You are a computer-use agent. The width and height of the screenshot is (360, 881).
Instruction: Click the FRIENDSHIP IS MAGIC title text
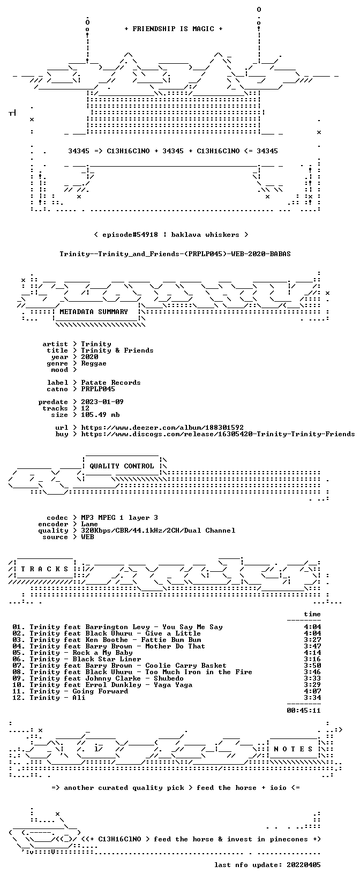pyautogui.click(x=174, y=29)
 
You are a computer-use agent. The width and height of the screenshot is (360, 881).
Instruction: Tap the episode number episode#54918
pyautogui.click(x=130, y=235)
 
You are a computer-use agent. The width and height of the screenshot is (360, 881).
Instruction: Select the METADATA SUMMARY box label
pyautogui.click(x=94, y=312)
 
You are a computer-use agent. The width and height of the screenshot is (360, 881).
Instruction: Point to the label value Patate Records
pyautogui.click(x=111, y=383)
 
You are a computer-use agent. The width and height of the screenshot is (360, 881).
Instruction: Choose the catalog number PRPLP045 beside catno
pyautogui.click(x=98, y=389)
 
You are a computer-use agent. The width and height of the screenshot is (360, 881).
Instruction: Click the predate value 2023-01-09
pyautogui.click(x=102, y=402)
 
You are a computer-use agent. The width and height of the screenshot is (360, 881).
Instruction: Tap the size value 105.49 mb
pyautogui.click(x=100, y=415)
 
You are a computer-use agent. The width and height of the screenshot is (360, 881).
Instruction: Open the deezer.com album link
pyautogui.click(x=162, y=428)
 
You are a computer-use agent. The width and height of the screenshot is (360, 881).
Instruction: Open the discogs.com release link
pyautogui.click(x=217, y=434)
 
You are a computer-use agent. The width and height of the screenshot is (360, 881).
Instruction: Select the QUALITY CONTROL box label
pyautogui.click(x=122, y=466)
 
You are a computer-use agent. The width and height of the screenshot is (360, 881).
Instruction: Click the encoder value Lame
pyautogui.click(x=89, y=524)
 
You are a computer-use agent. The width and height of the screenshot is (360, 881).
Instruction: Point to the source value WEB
pyautogui.click(x=87, y=537)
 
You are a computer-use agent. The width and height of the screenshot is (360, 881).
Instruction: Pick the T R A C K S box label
pyautogui.click(x=44, y=569)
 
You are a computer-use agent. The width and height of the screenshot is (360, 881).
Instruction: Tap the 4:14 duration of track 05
pyautogui.click(x=312, y=653)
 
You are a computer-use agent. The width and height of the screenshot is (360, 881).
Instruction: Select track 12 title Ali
pyautogui.click(x=79, y=698)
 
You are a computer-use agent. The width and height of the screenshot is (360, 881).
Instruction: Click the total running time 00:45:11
pyautogui.click(x=304, y=711)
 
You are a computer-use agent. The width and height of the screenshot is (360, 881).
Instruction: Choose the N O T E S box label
pyautogui.click(x=293, y=749)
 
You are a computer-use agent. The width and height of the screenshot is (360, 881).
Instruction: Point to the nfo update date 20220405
pyautogui.click(x=304, y=865)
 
